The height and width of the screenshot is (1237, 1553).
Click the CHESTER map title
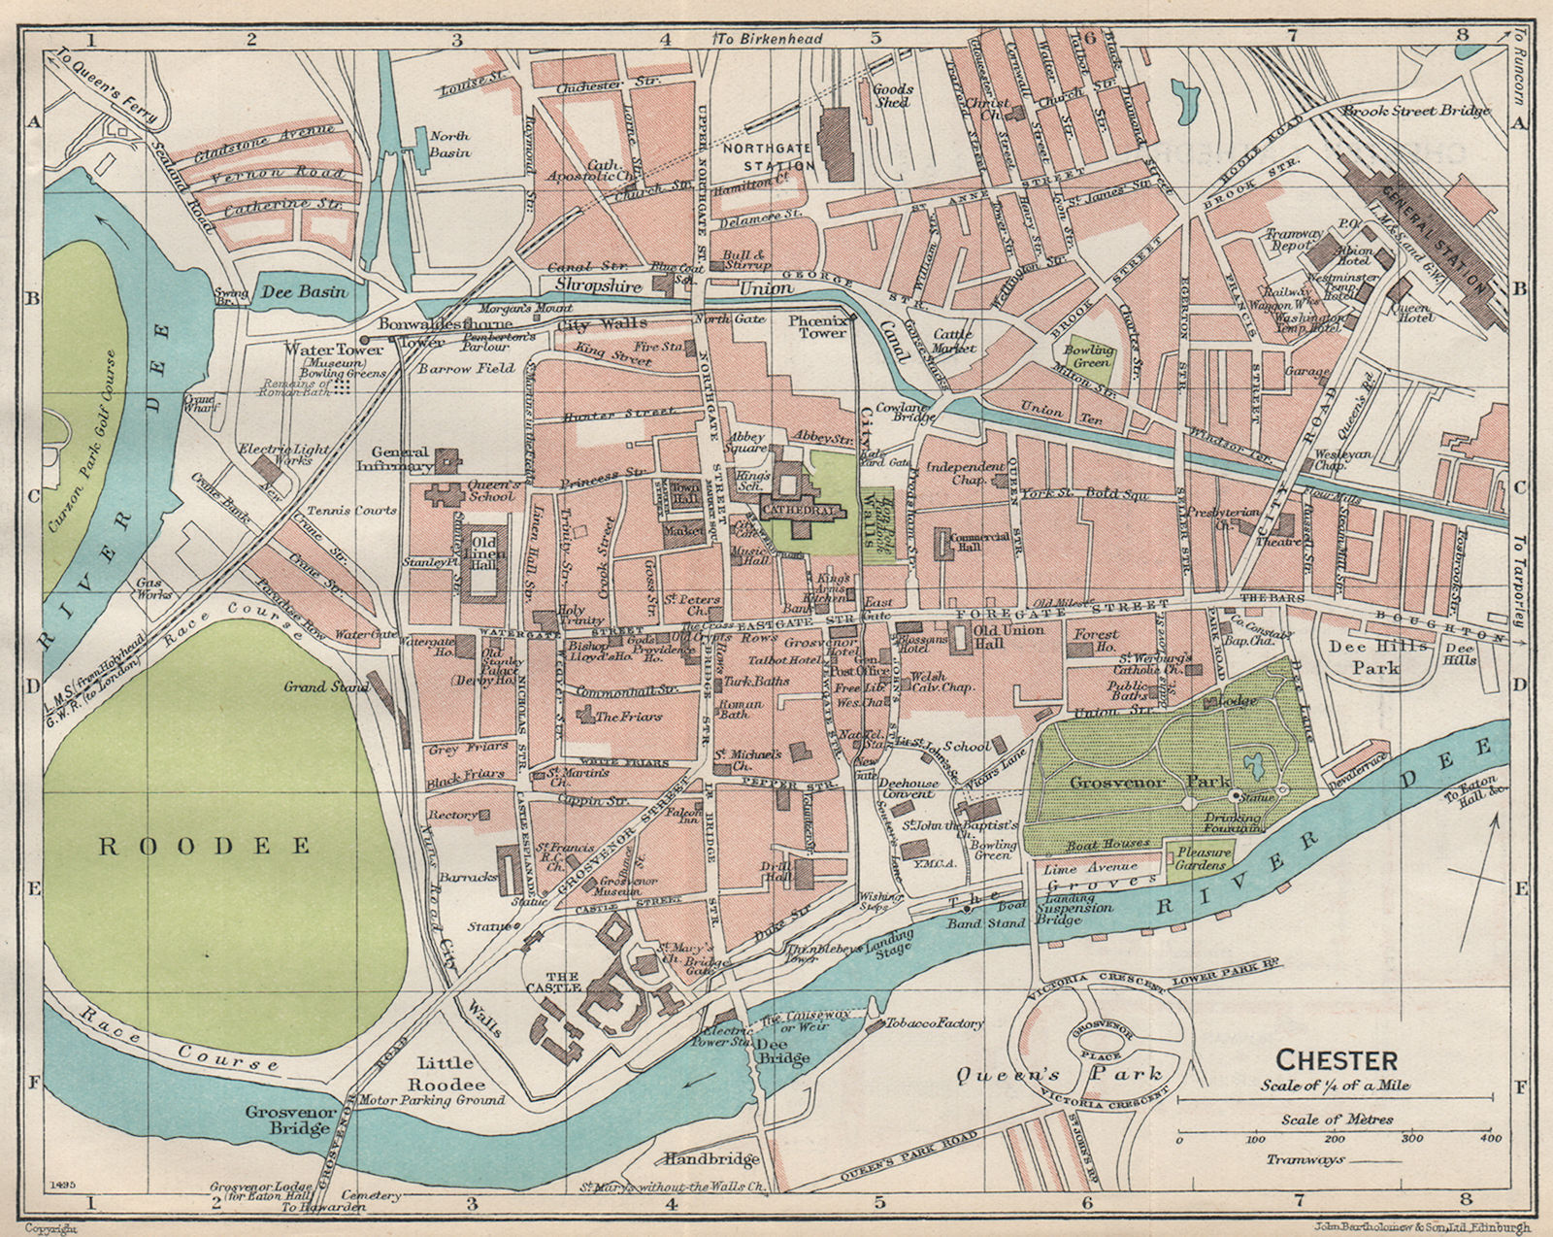pyautogui.click(x=1337, y=1059)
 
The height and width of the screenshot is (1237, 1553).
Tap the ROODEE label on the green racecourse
pyautogui.click(x=205, y=846)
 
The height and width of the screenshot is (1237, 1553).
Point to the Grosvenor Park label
pyautogui.click(x=1150, y=782)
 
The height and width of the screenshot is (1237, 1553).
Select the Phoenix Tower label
pyautogui.click(x=817, y=325)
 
